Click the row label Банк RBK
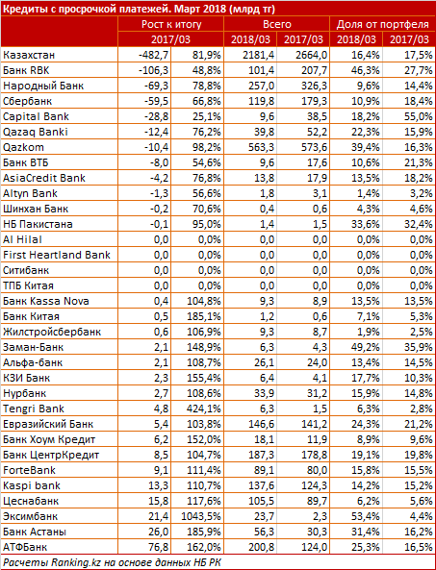[x=26, y=70]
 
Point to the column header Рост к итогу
[x=171, y=24]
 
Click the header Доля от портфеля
[x=383, y=24]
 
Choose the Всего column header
[x=277, y=24]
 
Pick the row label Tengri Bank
[x=34, y=409]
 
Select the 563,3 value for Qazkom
[x=260, y=147]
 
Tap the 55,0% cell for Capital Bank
[x=419, y=116]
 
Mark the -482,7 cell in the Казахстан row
[x=154, y=55]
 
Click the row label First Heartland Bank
[x=57, y=255]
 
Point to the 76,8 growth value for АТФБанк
[x=158, y=547]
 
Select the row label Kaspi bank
[x=32, y=485]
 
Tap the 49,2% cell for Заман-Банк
[x=366, y=347]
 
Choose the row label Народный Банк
[x=43, y=86]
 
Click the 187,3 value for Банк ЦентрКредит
[x=260, y=455]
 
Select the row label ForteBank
[x=29, y=470]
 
